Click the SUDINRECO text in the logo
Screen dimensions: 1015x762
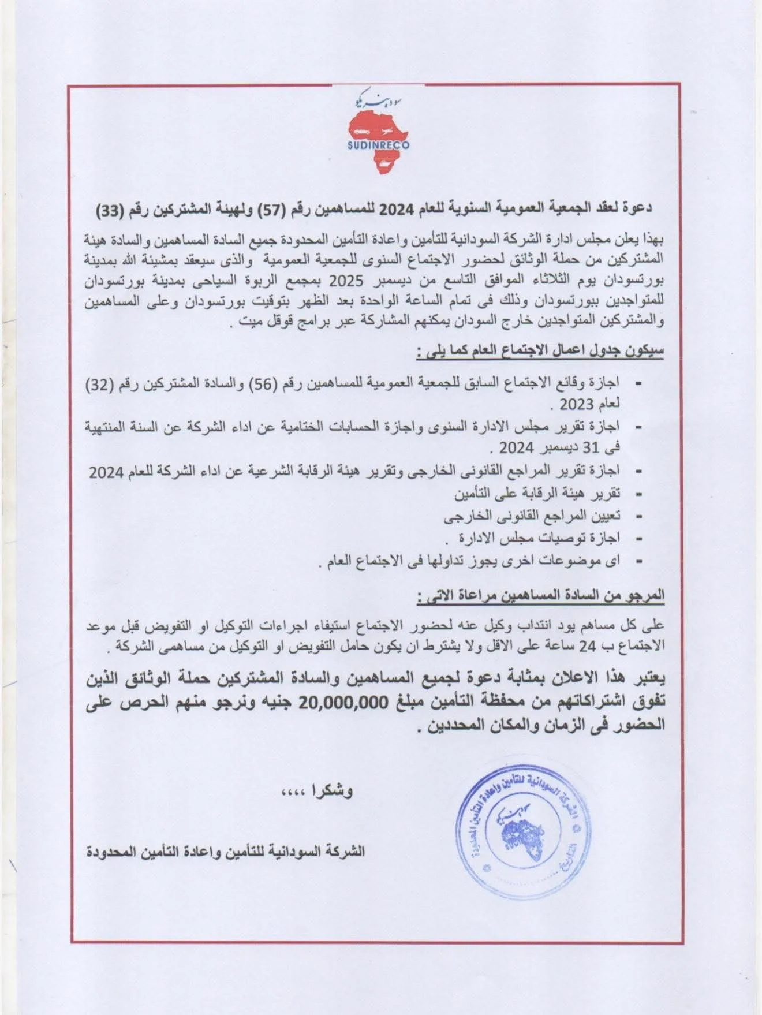(x=378, y=145)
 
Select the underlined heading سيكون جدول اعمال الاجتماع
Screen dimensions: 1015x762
(x=540, y=351)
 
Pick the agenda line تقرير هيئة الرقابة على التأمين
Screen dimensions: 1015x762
(x=537, y=494)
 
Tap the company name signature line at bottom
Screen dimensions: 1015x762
(x=226, y=851)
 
